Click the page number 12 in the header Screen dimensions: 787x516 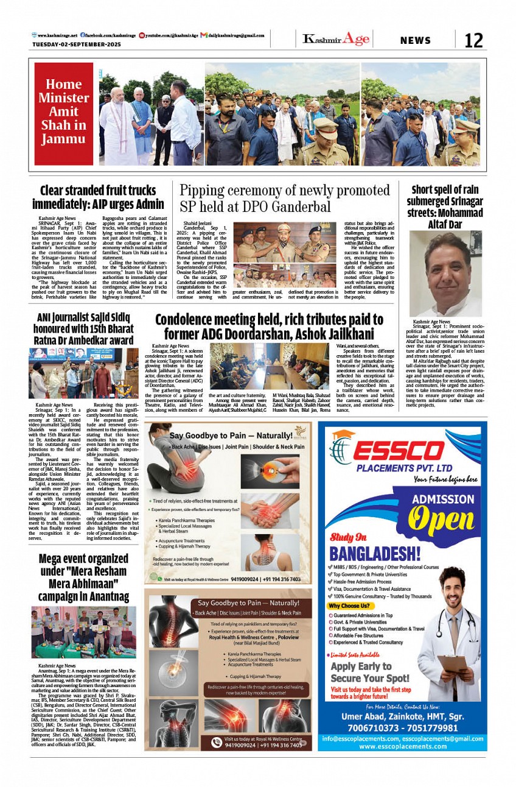click(x=473, y=40)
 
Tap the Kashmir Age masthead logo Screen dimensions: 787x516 click(x=336, y=40)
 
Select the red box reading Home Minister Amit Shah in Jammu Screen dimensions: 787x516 click(x=63, y=113)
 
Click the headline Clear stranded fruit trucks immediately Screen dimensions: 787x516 click(x=98, y=197)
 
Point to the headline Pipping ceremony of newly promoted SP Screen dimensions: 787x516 click(x=284, y=198)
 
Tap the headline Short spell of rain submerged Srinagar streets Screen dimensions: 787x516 click(x=445, y=206)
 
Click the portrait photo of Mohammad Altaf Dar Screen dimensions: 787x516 click(x=445, y=266)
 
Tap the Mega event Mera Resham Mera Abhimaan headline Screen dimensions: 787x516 click(x=83, y=577)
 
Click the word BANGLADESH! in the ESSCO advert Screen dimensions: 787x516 click(x=375, y=554)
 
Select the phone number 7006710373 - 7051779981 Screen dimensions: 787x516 click(x=402, y=728)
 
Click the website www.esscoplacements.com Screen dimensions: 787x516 click(x=402, y=746)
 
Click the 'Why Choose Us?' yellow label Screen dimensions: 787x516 click(x=349, y=606)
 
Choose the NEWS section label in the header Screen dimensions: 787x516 click(x=416, y=41)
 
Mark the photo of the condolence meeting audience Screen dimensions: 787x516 click(x=260, y=366)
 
